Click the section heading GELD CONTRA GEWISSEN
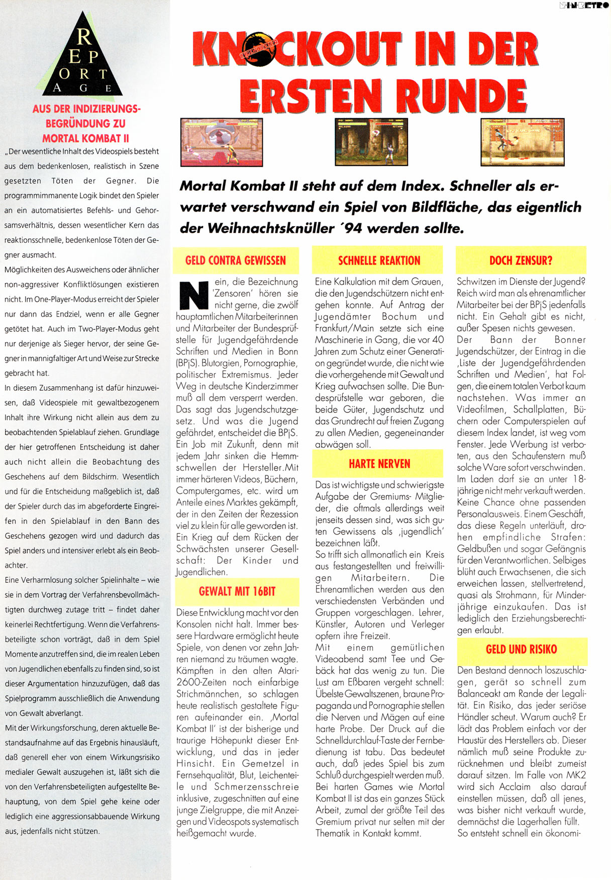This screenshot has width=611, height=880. pos(235,260)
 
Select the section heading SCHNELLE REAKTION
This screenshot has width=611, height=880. pos(379,260)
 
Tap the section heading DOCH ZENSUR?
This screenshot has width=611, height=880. pos(521,260)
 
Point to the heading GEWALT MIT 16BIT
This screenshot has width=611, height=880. pos(237,591)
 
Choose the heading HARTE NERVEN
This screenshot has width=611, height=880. pos(379,464)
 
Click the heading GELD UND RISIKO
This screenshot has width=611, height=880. pos(521,649)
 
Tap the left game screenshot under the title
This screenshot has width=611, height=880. pos(222,142)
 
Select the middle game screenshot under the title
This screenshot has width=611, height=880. pos(371,142)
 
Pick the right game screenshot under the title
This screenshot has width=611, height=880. pos(522,142)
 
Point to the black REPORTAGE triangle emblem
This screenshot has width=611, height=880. pos(82,58)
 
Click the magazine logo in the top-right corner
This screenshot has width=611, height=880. pos(584,6)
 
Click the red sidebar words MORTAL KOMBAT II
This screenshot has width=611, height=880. pos(85,138)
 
